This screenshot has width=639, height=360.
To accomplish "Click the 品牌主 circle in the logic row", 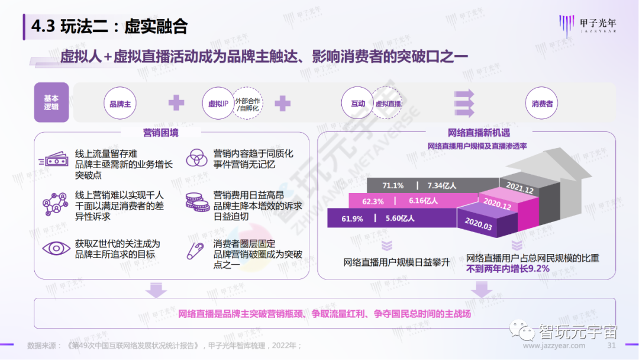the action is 120,104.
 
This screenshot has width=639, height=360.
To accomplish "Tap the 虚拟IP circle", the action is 218,104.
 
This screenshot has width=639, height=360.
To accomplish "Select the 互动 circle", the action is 358,104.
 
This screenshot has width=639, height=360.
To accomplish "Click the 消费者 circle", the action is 542,104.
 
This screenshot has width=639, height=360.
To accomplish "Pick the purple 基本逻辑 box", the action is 51,102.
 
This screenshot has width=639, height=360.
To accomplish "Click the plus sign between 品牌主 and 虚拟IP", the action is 176,104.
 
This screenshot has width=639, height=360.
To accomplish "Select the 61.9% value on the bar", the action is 352,218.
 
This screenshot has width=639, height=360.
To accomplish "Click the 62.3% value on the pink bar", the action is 373,201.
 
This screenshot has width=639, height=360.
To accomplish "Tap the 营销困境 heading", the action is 160,133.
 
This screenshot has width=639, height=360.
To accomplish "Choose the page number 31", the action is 612,345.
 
